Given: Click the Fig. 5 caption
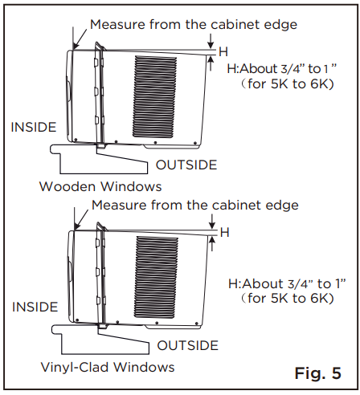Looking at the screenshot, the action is (318, 373).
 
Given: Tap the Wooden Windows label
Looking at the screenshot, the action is (100, 186).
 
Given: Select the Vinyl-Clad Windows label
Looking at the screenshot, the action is (108, 367).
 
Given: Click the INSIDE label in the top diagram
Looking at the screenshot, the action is (34, 127).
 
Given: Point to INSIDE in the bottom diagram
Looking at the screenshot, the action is (35, 307).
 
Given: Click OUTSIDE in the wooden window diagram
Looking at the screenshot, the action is (186, 165).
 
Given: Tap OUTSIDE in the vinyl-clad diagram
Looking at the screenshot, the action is (188, 345).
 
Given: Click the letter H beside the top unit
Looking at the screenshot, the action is (223, 51).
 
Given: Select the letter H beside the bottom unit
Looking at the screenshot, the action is (225, 232).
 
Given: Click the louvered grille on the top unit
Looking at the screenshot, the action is (155, 96).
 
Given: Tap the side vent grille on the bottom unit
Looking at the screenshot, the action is (156, 277).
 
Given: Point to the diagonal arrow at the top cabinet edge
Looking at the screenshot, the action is (80, 39).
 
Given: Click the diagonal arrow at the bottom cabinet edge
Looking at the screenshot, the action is (81, 220).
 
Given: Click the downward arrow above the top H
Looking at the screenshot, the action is (211, 41).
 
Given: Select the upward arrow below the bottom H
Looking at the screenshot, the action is (212, 244).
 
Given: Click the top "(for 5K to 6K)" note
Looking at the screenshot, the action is (287, 84).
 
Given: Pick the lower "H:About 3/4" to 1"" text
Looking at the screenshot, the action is (287, 283).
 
